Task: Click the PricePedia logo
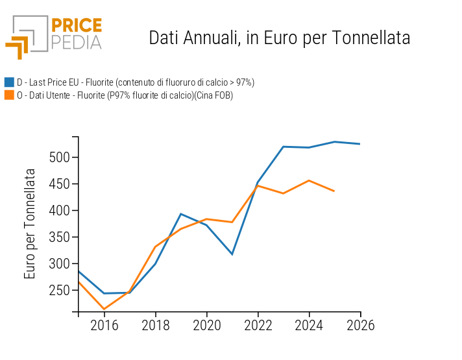(54, 36)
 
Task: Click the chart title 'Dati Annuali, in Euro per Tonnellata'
(279, 38)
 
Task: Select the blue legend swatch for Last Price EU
(9, 82)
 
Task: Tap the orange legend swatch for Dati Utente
(9, 95)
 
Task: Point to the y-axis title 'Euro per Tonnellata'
(30, 224)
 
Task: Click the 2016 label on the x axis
(104, 325)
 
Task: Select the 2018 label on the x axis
(155, 325)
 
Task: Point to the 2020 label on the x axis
(206, 325)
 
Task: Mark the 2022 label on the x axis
(258, 325)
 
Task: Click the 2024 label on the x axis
(309, 325)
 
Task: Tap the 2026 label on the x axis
(360, 325)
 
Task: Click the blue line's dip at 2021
(232, 254)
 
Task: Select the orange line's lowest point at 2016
(104, 309)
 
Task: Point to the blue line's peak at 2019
(180, 214)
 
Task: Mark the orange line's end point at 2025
(334, 191)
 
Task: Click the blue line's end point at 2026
(360, 144)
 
